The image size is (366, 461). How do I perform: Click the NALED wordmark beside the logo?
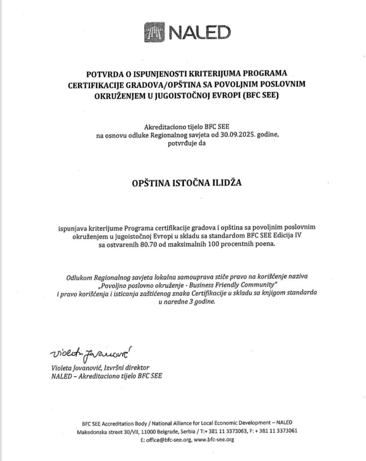pos(200,33)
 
